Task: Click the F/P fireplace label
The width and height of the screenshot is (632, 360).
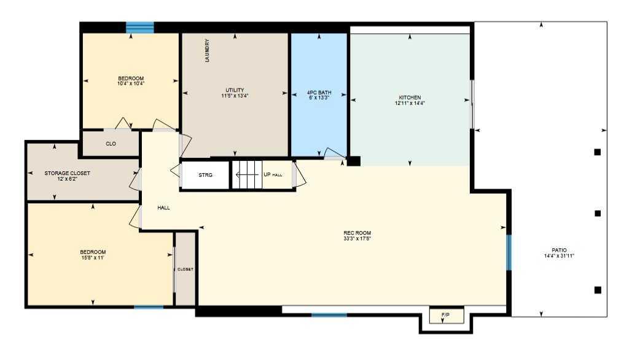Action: click(x=445, y=316)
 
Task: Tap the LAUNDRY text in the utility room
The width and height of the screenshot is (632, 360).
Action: click(x=208, y=51)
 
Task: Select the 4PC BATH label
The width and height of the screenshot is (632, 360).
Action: click(x=319, y=93)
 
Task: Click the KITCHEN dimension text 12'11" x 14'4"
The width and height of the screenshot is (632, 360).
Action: click(x=410, y=103)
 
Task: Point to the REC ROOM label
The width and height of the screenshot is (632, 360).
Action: click(x=357, y=232)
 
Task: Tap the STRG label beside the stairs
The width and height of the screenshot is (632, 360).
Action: click(x=205, y=175)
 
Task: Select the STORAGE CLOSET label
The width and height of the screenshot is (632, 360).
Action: click(x=67, y=173)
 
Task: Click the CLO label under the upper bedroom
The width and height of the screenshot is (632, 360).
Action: click(x=111, y=144)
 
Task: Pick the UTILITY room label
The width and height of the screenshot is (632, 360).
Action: click(x=235, y=90)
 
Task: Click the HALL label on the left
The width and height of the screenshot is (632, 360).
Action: click(x=163, y=208)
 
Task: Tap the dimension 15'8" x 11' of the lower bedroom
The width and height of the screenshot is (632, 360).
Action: click(x=93, y=258)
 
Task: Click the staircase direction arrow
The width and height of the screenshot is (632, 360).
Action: click(x=246, y=175)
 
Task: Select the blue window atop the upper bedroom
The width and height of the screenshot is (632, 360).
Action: click(x=140, y=27)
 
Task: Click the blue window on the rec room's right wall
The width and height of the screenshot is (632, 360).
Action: click(x=509, y=252)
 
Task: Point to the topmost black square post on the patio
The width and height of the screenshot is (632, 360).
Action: click(x=597, y=152)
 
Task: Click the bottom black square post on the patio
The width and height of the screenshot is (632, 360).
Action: click(x=597, y=290)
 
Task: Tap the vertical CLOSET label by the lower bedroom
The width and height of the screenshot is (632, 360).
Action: click(x=185, y=270)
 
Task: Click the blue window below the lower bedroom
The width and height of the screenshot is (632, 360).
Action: click(x=149, y=307)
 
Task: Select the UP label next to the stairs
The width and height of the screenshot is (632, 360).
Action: click(x=267, y=174)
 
